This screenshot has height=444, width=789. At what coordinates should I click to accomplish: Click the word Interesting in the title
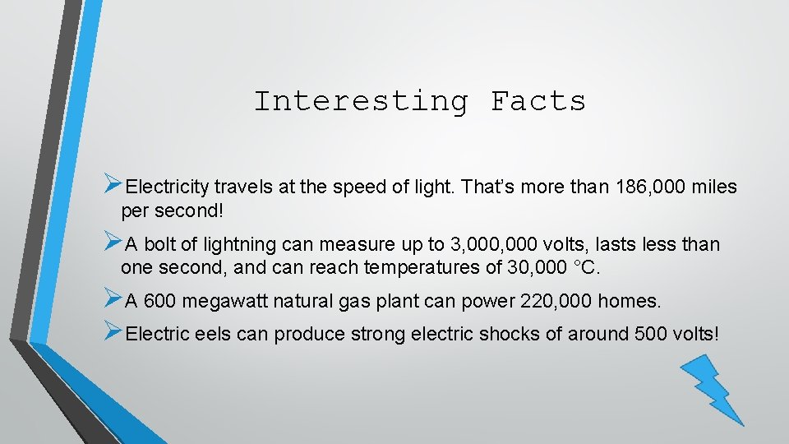pos(361,101)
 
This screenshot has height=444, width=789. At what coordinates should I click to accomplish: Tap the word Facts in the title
pos(538,101)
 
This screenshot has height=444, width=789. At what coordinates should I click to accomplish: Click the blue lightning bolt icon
pos(712,387)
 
